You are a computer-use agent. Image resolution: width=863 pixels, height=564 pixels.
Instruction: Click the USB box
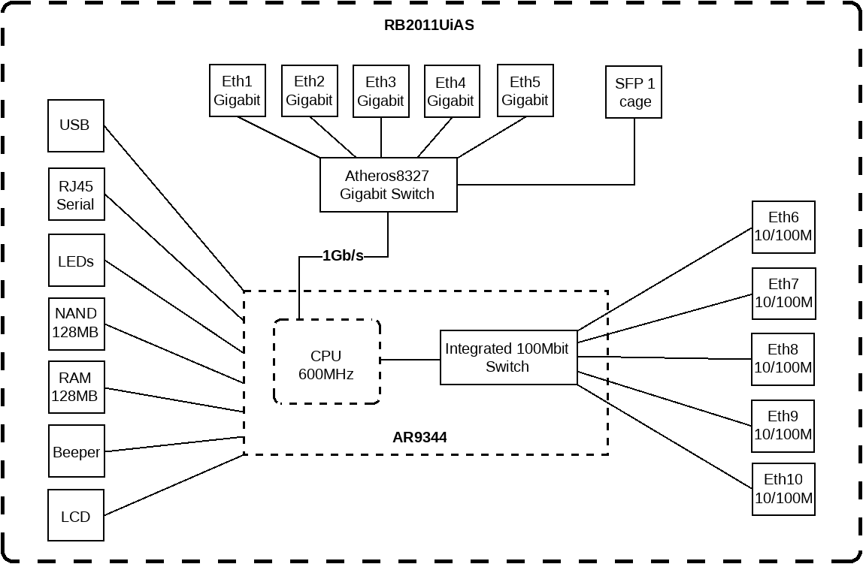click(76, 125)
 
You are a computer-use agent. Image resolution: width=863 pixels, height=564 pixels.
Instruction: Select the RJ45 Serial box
click(76, 195)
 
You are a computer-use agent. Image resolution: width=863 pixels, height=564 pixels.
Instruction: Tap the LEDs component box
click(76, 261)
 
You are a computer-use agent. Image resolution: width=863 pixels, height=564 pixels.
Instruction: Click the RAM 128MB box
click(76, 388)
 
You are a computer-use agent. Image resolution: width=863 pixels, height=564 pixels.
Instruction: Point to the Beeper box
click(76, 451)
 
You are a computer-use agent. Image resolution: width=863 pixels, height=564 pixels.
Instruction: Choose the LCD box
click(76, 515)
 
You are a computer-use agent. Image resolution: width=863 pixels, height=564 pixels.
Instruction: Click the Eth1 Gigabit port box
click(237, 91)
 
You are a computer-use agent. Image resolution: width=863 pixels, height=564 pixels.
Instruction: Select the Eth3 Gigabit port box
click(381, 91)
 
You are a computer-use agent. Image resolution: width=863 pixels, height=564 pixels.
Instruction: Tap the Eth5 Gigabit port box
click(525, 91)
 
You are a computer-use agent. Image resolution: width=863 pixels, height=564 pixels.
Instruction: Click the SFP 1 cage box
click(634, 92)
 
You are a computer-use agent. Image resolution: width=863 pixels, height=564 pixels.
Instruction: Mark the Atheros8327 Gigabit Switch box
click(388, 185)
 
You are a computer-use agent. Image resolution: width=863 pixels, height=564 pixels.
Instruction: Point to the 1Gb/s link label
click(343, 256)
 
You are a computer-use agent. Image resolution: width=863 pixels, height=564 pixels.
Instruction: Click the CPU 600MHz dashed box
click(326, 363)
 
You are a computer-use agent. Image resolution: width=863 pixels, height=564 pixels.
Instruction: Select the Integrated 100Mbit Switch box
click(507, 357)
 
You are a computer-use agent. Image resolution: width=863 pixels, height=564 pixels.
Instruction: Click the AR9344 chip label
click(419, 437)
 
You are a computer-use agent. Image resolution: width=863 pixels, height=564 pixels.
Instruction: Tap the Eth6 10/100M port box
click(783, 227)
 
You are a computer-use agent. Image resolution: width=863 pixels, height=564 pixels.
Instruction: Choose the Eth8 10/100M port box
click(783, 359)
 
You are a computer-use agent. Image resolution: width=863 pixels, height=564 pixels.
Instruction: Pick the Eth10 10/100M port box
click(783, 489)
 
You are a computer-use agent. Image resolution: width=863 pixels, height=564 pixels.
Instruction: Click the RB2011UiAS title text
click(429, 25)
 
